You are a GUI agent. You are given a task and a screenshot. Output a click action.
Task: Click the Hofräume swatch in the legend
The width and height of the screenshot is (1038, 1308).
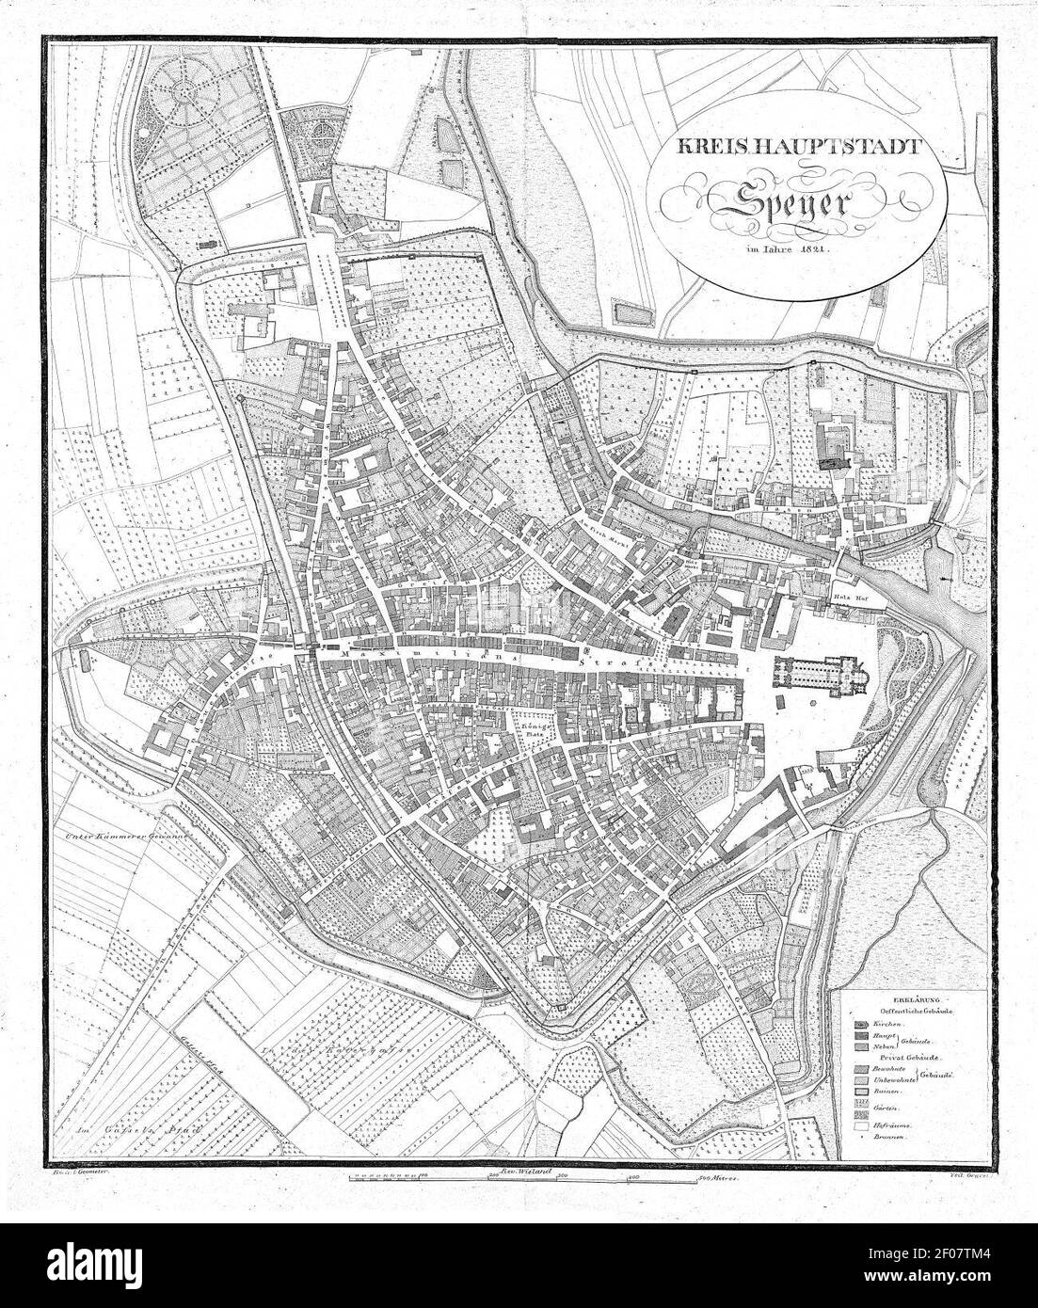(861, 1124)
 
